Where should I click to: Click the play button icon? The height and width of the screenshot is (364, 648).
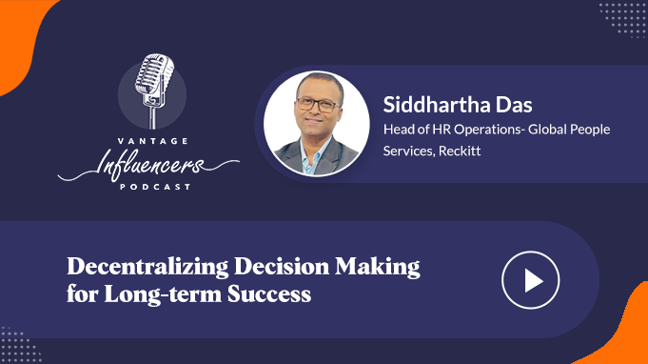pos(531,280)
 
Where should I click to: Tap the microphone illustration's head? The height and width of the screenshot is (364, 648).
pos(154,75)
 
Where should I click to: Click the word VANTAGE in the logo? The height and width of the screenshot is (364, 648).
pos(153,141)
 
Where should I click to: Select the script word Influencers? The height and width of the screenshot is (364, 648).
pos(149,166)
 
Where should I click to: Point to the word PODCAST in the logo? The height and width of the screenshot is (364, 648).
pos(155,187)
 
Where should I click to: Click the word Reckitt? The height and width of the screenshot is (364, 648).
pos(460,151)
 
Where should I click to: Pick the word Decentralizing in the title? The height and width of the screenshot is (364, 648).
pos(147,267)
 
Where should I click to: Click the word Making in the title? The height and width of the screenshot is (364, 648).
pos(378,267)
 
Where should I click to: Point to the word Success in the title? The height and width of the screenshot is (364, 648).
pos(269,294)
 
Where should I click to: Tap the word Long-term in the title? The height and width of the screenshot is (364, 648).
pos(163,294)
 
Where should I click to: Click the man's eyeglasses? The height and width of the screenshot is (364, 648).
pos(318,104)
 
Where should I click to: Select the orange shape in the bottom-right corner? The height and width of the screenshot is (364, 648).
pos(619,331)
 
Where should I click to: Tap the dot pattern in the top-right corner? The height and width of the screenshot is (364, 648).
pos(622,20)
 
